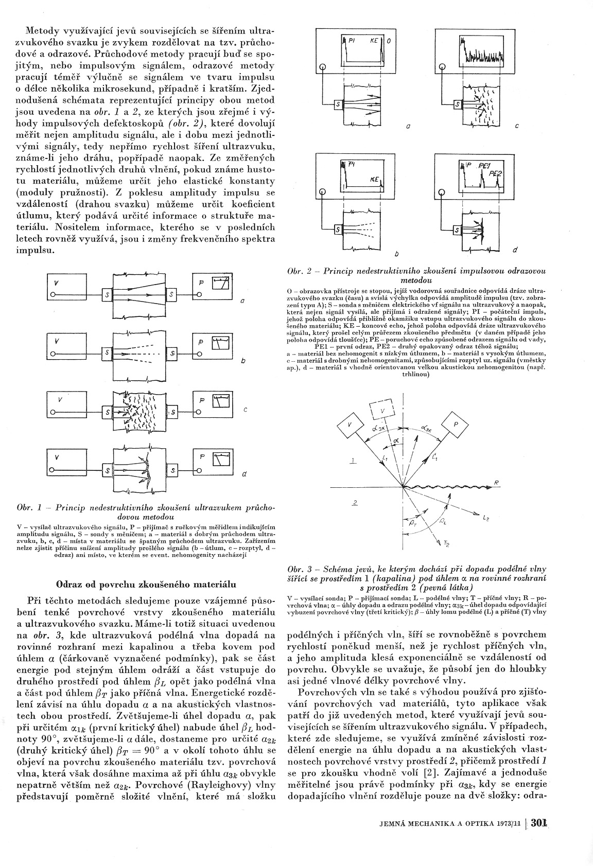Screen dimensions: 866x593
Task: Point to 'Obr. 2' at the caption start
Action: pyautogui.click(x=300, y=271)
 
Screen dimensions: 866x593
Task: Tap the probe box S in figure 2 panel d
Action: pyautogui.click(x=457, y=229)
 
